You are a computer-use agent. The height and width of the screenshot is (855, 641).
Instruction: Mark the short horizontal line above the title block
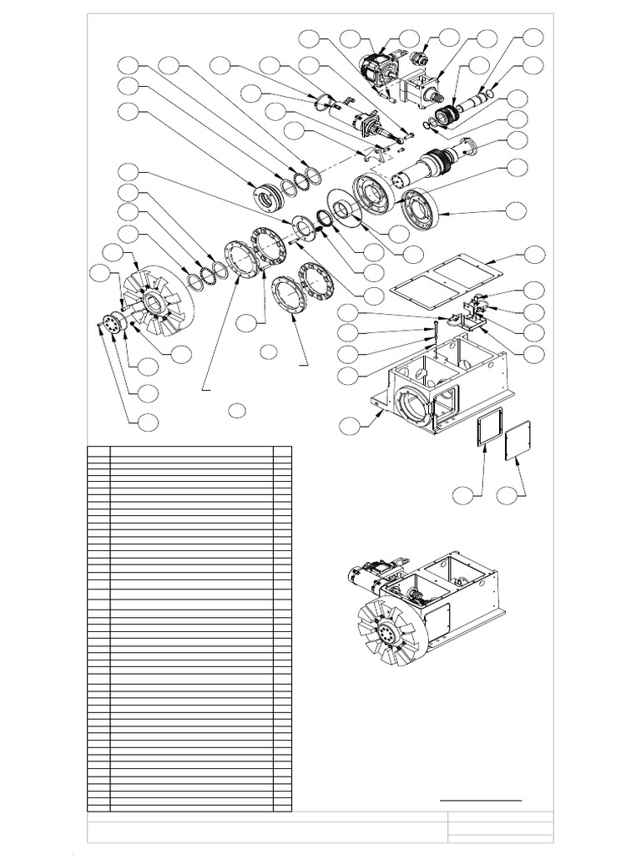coord(481,800)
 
